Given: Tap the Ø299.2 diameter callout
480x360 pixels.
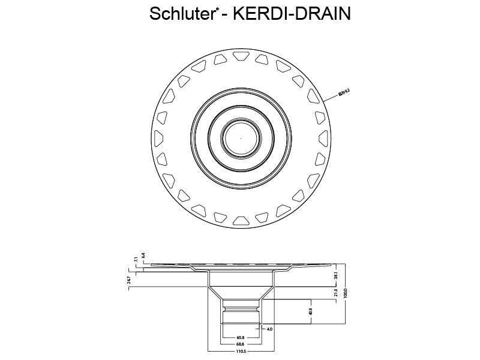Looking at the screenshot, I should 344,92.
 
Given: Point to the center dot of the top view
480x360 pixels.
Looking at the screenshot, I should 240,137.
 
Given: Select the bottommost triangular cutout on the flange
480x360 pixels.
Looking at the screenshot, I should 241,220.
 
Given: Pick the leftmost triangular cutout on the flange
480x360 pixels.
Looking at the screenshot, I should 160,137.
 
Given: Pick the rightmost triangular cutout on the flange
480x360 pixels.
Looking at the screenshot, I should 322,137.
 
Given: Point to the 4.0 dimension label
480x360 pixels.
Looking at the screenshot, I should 270,329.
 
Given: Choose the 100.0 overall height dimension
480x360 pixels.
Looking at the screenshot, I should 346,292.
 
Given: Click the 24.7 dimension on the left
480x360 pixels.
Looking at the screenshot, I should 129,280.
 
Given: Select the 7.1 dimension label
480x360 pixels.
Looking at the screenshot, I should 136,259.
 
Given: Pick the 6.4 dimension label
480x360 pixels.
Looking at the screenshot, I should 143,254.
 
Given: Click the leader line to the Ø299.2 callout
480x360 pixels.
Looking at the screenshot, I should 331,97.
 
